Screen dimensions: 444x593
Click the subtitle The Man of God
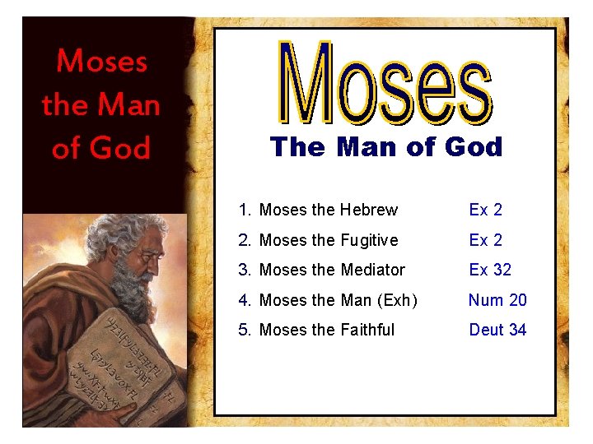(385, 147)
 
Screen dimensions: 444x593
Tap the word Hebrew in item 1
(369, 210)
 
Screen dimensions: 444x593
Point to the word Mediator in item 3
(372, 270)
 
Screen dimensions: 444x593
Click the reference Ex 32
(490, 270)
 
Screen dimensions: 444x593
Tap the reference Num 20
(497, 300)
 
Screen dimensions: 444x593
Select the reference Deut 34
(497, 330)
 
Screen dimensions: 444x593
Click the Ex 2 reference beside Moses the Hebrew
(485, 210)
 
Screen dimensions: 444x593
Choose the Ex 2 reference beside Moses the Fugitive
(485, 240)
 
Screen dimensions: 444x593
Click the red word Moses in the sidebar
(102, 61)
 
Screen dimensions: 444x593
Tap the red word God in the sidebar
(120, 148)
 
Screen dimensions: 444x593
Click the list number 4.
(244, 300)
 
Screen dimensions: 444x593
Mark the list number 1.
(244, 210)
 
